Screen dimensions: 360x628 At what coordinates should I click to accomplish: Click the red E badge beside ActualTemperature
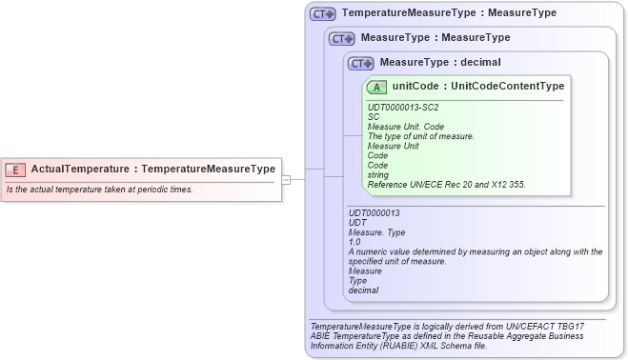click(x=15, y=170)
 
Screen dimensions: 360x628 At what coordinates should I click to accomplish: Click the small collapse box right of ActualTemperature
click(x=286, y=179)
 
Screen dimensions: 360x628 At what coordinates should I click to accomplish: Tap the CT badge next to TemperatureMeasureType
click(x=322, y=14)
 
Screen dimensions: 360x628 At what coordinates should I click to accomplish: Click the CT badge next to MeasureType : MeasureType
click(x=341, y=39)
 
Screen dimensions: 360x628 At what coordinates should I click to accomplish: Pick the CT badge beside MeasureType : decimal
click(x=360, y=64)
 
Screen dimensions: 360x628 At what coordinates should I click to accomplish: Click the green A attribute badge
click(x=377, y=87)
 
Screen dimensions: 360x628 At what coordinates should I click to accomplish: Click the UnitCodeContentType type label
click(x=508, y=87)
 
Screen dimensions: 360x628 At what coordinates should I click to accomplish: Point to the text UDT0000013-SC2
click(x=403, y=108)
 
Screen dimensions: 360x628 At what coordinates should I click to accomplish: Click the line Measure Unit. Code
click(x=406, y=127)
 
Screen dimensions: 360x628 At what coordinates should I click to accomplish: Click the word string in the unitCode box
click(x=378, y=174)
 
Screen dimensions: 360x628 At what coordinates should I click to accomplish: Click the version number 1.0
click(x=355, y=242)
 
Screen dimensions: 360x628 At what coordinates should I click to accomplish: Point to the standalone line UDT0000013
click(x=375, y=213)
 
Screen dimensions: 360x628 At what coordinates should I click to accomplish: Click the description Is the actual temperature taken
click(x=100, y=190)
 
